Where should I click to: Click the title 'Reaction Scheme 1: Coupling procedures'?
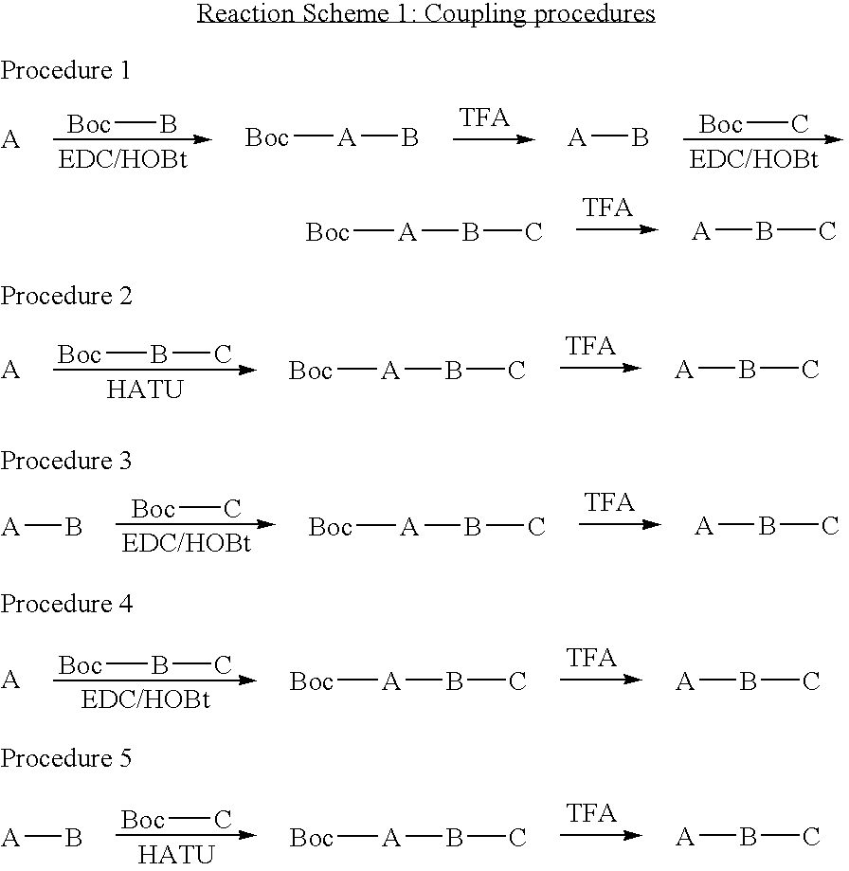tap(425, 14)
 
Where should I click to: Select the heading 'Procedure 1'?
tap(65, 70)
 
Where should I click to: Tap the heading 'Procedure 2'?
tap(66, 296)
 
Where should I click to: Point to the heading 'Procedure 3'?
tap(66, 461)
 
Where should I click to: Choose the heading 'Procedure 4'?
tap(66, 604)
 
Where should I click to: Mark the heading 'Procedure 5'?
tap(66, 758)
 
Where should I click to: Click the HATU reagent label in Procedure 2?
tap(144, 390)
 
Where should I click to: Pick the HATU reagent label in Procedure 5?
tap(175, 855)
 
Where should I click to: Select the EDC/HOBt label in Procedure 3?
tap(186, 544)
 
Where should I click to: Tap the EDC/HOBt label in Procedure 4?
tap(145, 699)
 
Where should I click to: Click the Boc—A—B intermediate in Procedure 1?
tap(332, 138)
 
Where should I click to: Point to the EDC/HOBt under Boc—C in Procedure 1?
tap(753, 158)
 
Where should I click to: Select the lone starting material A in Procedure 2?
tap(10, 370)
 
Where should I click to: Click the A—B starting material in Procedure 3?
tap(42, 527)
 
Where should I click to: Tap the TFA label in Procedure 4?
tap(591, 657)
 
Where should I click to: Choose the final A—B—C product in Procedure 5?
tap(747, 837)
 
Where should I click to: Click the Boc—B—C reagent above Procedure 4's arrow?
tap(145, 665)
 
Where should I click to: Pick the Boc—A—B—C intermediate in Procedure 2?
tap(406, 371)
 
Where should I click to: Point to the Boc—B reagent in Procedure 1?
tap(122, 124)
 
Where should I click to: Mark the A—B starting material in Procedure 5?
tap(42, 838)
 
